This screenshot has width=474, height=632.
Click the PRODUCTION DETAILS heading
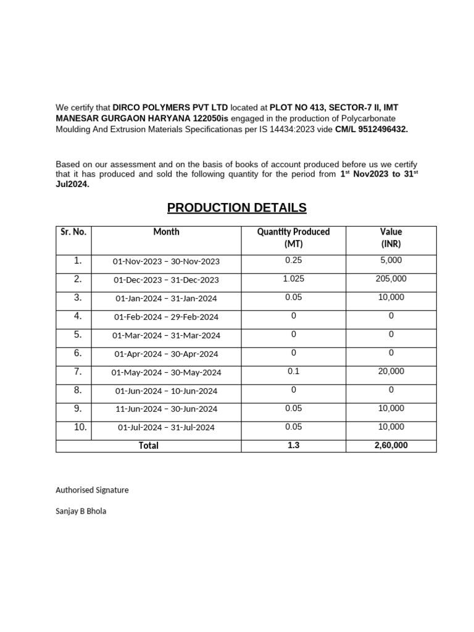point(236,207)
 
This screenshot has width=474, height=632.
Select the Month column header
point(166,232)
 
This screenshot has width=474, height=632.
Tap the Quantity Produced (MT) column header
point(293,238)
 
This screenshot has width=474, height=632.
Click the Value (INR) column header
point(391,238)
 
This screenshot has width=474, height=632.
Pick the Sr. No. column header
point(73,232)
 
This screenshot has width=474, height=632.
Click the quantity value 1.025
point(293,279)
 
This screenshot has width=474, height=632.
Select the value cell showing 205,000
point(391,279)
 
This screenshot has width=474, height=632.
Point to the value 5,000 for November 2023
point(391,260)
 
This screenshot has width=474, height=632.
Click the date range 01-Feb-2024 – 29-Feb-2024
point(166,317)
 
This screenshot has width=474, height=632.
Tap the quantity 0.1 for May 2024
point(293,372)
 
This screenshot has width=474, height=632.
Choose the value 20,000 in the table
point(391,372)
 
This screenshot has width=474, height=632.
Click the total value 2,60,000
point(391,445)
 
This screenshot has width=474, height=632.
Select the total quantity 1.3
point(293,445)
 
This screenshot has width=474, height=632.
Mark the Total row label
point(148,446)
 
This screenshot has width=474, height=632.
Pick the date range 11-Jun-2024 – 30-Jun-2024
point(166,409)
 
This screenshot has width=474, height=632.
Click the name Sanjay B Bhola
point(81,511)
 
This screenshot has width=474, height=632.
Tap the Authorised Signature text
point(92,490)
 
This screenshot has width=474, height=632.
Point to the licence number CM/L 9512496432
point(372,129)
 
